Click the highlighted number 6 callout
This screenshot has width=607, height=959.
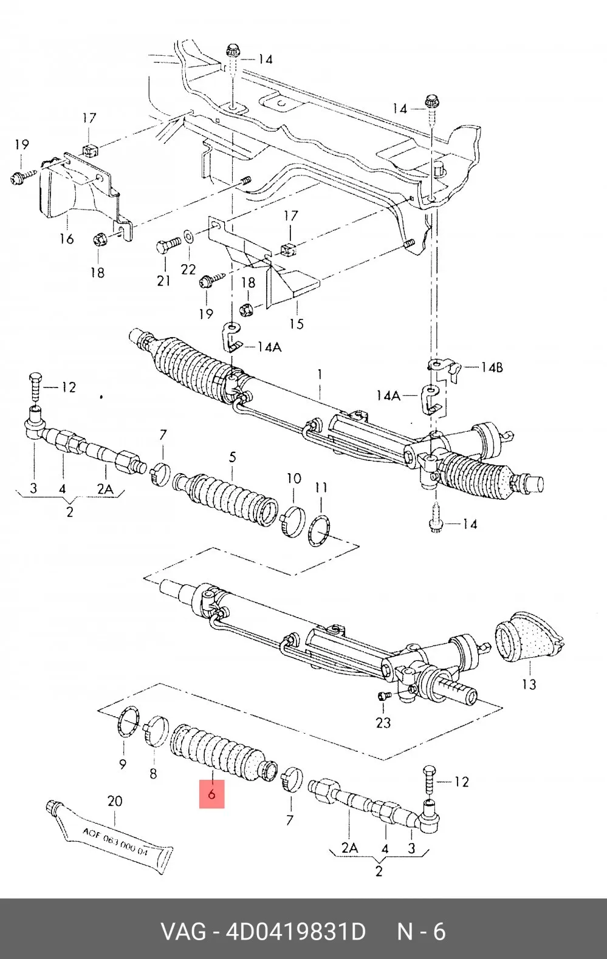[x=211, y=794]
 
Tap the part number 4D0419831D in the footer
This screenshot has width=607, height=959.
[x=295, y=932]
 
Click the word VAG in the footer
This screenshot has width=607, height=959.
[x=183, y=932]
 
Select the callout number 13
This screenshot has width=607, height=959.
[x=529, y=684]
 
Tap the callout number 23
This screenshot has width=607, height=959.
[x=383, y=723]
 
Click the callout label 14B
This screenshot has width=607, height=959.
[x=492, y=367]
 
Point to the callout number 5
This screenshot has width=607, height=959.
[x=232, y=457]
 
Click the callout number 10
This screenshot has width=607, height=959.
[x=294, y=478]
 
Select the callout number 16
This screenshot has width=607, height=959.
[x=67, y=238]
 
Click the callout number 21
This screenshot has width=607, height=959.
[x=163, y=281]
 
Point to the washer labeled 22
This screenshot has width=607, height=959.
[x=188, y=236]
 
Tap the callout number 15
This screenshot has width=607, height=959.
[x=296, y=324]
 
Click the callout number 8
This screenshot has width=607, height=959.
[x=153, y=773]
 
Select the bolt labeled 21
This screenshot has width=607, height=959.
[x=168, y=245]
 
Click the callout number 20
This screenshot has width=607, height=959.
[x=114, y=800]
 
